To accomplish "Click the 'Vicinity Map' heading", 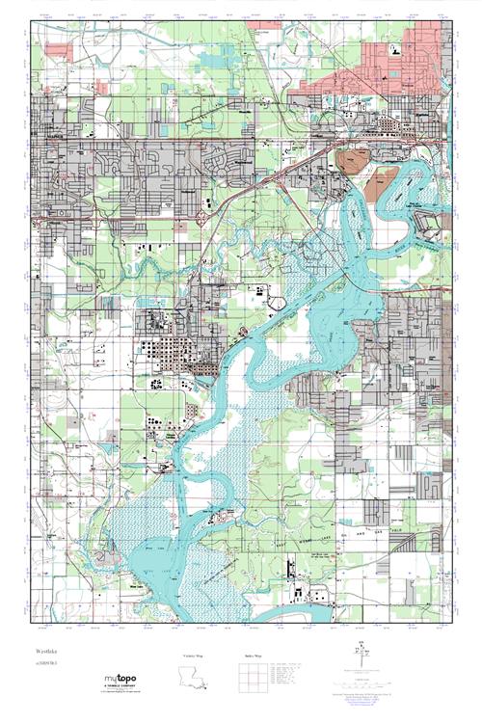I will pos(193,655).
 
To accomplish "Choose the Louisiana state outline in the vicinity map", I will pos(194,679).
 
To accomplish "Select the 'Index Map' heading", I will pos(248,655).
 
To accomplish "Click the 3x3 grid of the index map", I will pos(248,680).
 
